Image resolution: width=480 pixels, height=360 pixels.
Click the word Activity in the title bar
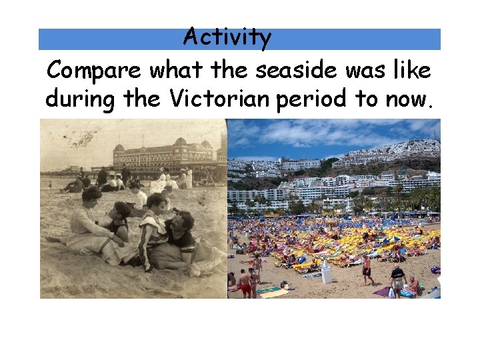(x=227, y=37)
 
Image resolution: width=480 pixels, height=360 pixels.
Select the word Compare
(x=95, y=69)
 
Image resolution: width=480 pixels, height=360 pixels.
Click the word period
(x=311, y=100)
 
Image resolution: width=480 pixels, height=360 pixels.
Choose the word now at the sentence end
(x=409, y=100)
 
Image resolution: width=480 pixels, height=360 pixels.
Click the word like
(x=411, y=69)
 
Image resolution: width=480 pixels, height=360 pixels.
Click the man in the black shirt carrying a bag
(x=397, y=279)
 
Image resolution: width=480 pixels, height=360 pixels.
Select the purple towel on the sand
(x=383, y=291)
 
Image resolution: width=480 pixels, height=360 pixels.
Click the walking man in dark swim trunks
(x=366, y=268)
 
